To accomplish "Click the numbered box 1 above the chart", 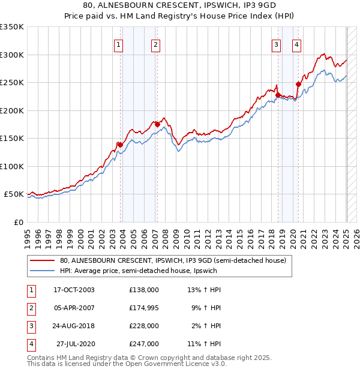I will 119,44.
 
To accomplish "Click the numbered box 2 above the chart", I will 155,44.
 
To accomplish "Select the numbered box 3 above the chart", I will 277,44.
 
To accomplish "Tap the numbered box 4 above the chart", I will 297,44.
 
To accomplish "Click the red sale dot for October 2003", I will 120,145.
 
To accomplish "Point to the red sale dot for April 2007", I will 157,124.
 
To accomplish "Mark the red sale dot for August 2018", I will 278,95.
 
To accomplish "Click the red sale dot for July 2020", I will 298,84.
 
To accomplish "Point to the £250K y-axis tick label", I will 12,83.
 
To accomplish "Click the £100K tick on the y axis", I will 12,166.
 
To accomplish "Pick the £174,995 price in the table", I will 144,308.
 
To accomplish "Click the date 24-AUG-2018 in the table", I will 74,326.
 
